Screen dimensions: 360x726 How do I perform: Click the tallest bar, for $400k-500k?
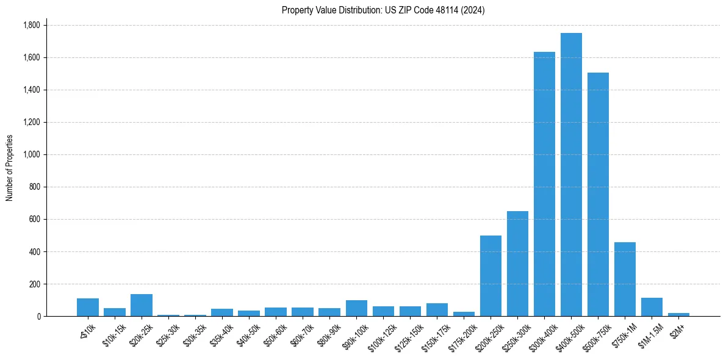click(x=571, y=175)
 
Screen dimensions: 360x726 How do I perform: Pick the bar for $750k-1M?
click(x=625, y=279)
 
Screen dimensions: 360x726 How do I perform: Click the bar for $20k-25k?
click(x=142, y=305)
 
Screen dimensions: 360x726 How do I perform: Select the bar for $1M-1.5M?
click(x=652, y=307)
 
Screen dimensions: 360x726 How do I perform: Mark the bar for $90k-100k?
click(x=356, y=308)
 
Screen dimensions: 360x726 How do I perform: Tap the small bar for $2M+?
click(x=678, y=314)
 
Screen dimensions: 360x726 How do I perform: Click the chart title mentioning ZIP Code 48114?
click(x=383, y=10)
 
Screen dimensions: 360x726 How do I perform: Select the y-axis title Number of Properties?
click(x=10, y=168)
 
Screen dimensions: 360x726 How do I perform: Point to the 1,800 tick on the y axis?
click(x=31, y=25)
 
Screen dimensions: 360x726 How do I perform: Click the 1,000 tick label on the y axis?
click(x=31, y=154)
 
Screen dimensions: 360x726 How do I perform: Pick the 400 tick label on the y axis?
click(x=34, y=251)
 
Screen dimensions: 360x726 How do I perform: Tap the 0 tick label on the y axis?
click(x=38, y=316)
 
